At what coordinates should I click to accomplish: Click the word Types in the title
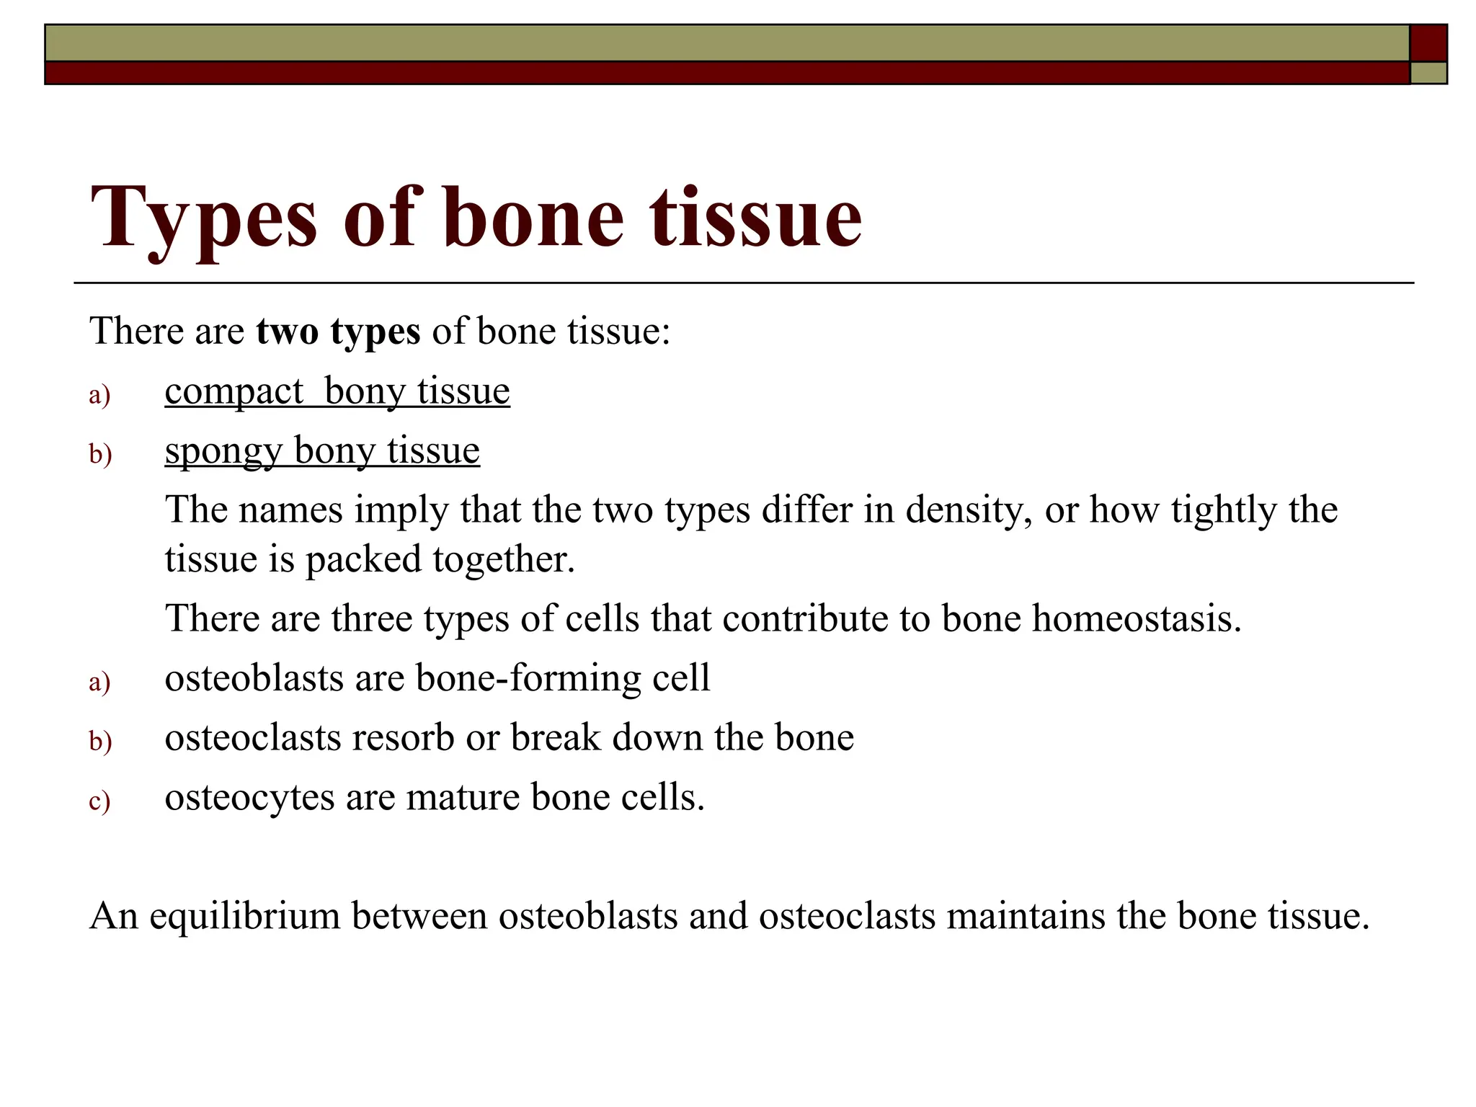coord(203,218)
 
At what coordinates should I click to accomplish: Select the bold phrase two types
coord(338,332)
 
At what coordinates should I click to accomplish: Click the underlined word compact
coord(234,392)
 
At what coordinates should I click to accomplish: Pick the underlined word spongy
coord(223,452)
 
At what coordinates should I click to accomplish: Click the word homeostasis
coord(1137,618)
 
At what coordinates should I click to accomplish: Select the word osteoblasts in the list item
coord(254,678)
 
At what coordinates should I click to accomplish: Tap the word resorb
coord(402,738)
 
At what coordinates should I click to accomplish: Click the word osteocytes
coord(249,798)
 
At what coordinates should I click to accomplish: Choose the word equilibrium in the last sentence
coord(244,916)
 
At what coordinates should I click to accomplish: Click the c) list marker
coord(99,801)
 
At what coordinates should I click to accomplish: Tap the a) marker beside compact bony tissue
coord(99,395)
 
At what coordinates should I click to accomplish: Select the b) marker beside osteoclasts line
coord(100,741)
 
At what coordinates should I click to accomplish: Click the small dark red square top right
coord(1428,43)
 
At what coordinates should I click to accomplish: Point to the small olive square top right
coord(1428,73)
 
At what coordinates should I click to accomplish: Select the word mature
coord(463,798)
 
